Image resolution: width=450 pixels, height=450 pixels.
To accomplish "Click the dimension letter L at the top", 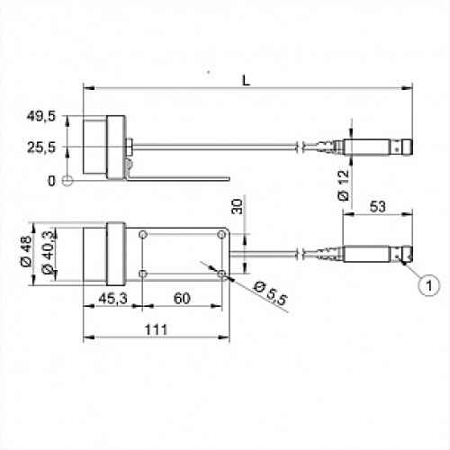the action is [x=246, y=80].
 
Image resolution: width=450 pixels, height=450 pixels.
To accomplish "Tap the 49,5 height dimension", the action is [x=41, y=116].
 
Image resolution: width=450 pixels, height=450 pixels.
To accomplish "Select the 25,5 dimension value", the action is [x=41, y=148].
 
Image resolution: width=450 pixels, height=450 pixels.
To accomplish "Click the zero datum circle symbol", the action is [x=67, y=180].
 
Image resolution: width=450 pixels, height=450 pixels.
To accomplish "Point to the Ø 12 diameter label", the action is [x=344, y=185].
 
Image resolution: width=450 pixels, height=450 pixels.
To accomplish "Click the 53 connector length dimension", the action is [x=377, y=207].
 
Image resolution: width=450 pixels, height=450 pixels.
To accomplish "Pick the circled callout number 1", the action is [x=429, y=285].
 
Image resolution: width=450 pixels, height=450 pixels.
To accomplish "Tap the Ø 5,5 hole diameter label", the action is [x=270, y=293].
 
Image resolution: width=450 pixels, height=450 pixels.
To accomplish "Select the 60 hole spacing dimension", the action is [x=182, y=299].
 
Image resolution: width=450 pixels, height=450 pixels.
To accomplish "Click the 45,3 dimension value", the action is [x=112, y=298].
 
